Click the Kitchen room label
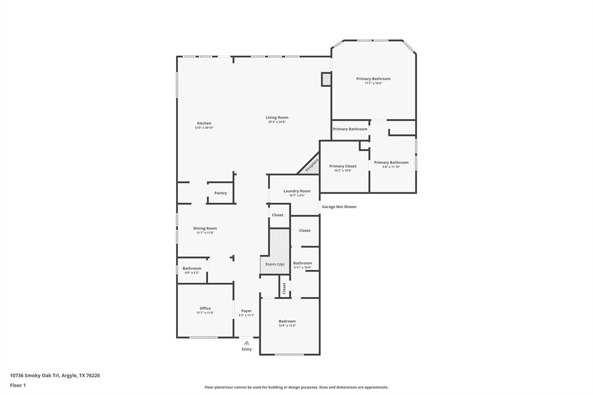(204, 123)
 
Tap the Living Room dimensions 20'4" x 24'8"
(277, 122)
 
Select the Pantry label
(221, 193)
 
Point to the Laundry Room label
(296, 191)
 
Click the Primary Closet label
(343, 166)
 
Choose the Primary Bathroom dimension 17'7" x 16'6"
(373, 83)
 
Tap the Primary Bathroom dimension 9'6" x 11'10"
(391, 167)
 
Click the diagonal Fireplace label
(312, 164)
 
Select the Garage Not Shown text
(339, 207)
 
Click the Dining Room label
(205, 228)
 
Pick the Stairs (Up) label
(274, 264)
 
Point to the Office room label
(205, 308)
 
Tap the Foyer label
(247, 311)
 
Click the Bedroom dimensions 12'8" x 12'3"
(287, 325)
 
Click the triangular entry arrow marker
(247, 343)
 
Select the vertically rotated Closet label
(284, 288)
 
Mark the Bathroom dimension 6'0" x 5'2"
(192, 273)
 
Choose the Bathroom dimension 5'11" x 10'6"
(302, 268)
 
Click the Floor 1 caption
(18, 385)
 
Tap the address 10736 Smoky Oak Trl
(35, 375)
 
